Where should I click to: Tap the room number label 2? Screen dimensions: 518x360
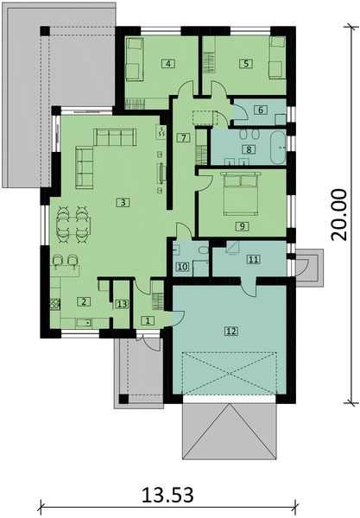tap(84, 301)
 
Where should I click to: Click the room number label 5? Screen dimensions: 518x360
tap(245, 63)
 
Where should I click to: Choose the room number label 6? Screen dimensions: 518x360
tap(258, 110)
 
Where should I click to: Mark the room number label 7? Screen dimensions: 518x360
tap(183, 138)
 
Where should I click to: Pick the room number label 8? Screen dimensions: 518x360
tap(249, 149)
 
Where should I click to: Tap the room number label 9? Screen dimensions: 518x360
tap(243, 225)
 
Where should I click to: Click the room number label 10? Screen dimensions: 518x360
tap(181, 268)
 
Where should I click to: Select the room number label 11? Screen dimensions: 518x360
tap(253, 259)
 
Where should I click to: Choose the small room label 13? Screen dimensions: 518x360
tap(122, 303)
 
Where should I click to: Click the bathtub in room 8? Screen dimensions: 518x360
tap(280, 147)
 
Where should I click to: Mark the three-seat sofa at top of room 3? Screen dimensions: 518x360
tap(115, 137)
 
